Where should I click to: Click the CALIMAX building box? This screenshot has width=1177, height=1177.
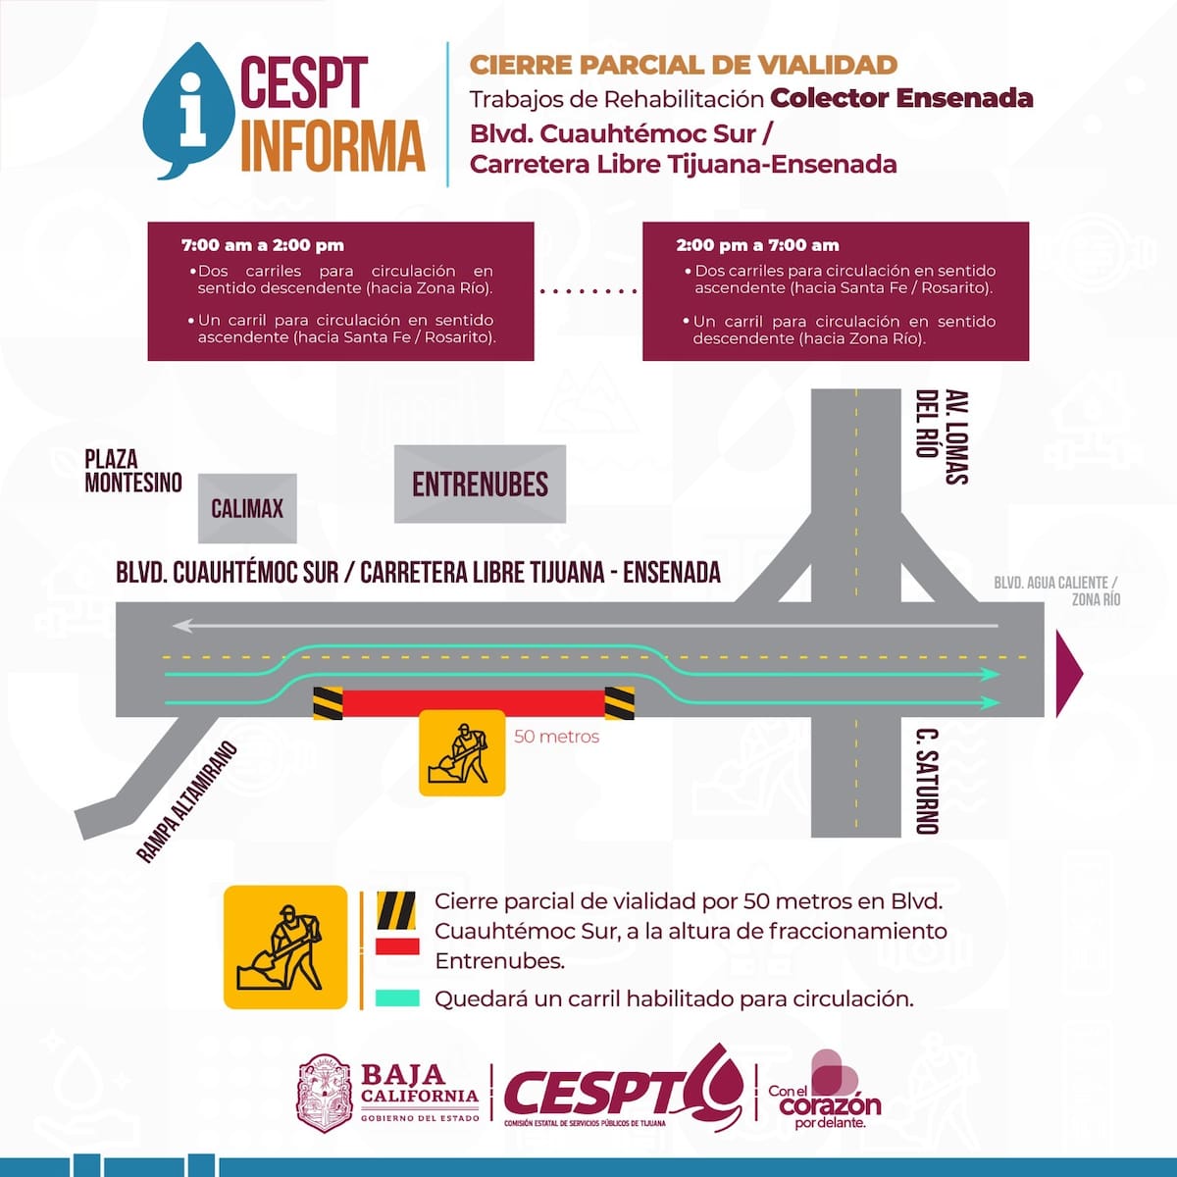247,508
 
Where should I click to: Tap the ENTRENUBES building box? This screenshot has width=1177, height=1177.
480,484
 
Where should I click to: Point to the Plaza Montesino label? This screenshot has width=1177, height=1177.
133,471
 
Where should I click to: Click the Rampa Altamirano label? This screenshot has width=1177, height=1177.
186,801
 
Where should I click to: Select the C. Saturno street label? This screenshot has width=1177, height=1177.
927,781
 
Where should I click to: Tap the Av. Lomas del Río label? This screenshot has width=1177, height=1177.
942,436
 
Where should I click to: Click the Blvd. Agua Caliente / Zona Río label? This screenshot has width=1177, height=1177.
1057,590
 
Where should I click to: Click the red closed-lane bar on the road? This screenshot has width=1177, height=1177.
474,703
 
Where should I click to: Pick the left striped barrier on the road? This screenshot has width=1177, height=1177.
328,703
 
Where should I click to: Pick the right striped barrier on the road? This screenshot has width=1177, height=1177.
619,703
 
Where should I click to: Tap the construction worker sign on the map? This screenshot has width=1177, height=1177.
462,752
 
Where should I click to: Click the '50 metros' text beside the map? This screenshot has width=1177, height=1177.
556,737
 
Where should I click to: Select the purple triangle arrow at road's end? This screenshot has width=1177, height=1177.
1069,674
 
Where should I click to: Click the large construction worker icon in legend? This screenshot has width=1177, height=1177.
285,947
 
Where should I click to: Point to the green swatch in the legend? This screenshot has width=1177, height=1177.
397,998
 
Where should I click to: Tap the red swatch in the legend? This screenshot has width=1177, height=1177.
397,947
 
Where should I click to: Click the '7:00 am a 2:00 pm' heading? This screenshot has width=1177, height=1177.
263,245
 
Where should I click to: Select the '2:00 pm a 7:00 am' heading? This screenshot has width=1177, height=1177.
757,245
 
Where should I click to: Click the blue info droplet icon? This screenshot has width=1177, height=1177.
188,111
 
